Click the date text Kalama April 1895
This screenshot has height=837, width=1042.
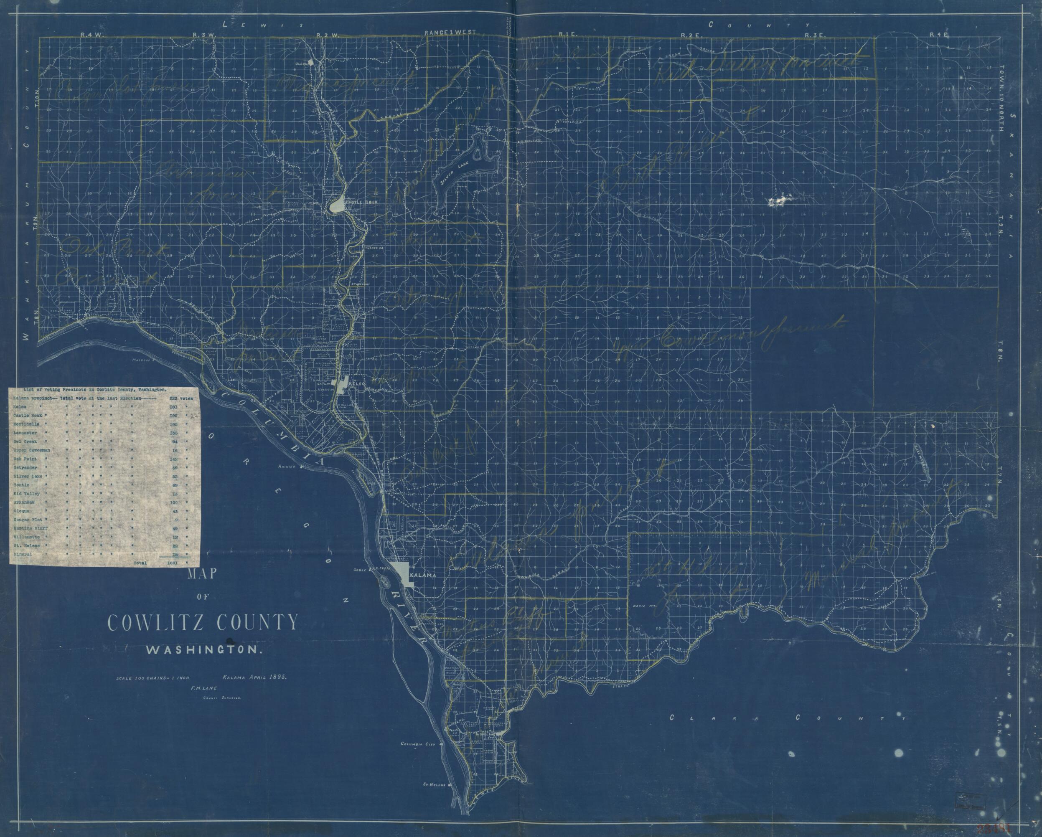255,677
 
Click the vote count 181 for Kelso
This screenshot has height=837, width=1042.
173,407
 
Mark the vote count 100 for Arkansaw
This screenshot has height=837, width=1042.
174,502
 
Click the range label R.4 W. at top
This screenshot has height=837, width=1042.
89,35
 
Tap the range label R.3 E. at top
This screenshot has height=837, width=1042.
814,35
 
